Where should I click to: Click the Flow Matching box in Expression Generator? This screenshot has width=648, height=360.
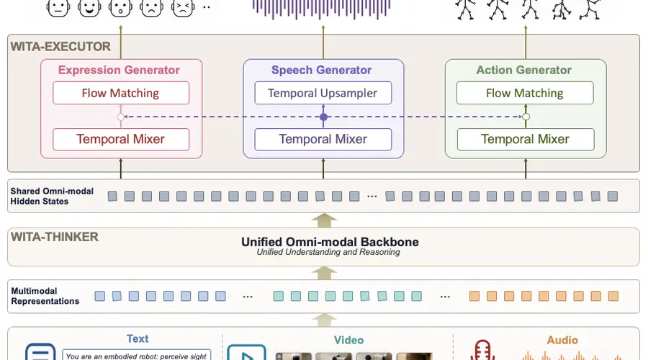pos(121,93)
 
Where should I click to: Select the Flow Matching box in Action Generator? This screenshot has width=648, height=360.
pos(525,93)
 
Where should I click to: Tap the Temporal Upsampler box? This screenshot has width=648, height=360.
pos(323,93)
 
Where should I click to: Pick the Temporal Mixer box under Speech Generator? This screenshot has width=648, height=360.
pos(323,139)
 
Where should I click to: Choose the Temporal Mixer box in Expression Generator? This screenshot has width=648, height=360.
pos(121,139)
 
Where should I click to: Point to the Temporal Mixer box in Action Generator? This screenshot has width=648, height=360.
pos(526,139)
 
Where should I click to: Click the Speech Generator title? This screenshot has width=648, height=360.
pos(322,70)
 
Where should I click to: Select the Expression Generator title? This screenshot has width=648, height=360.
pos(119,70)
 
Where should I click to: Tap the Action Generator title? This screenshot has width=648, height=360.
pos(523,70)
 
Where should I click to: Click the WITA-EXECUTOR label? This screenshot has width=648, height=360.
pos(60,46)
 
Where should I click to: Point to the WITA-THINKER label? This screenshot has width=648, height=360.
pos(55,237)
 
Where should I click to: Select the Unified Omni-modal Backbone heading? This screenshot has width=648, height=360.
pos(330,242)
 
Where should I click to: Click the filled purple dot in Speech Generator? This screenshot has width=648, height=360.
pos(323,117)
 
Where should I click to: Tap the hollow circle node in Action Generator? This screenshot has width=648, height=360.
pos(526,117)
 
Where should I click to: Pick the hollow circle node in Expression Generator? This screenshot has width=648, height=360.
pos(121,117)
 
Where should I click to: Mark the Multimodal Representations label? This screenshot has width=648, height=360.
pos(45,296)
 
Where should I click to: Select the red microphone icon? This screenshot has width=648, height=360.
pos(482,350)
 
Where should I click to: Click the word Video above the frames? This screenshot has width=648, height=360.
pos(348,340)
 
